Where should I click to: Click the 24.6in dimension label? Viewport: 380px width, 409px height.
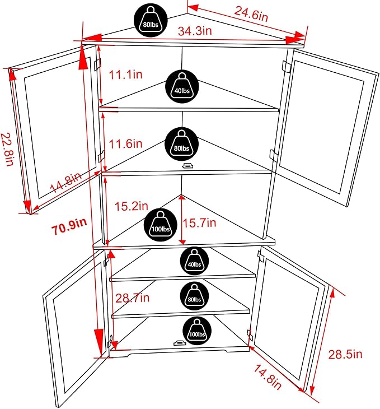click(x=251, y=14)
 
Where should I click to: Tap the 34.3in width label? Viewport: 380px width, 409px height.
click(x=195, y=31)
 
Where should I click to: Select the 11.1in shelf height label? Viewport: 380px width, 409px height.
click(x=125, y=75)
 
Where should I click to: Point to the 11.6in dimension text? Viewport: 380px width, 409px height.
click(x=125, y=144)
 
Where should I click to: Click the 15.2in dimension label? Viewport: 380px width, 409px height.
click(x=132, y=206)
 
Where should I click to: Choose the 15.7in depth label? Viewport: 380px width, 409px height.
click(x=199, y=223)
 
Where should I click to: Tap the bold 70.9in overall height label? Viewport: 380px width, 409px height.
click(x=69, y=226)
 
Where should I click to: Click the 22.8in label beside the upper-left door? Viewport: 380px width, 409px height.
click(x=7, y=150)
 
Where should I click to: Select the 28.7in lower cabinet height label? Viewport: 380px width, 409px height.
click(x=133, y=298)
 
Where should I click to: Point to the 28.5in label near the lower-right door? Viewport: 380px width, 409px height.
click(x=345, y=355)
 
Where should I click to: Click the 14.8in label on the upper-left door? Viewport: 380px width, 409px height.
click(x=65, y=182)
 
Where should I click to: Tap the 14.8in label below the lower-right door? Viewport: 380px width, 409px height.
click(x=268, y=377)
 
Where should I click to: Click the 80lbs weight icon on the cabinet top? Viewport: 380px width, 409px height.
click(x=151, y=20)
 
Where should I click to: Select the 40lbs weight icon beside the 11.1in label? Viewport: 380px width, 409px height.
click(x=182, y=87)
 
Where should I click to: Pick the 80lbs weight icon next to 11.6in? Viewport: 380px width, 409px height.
click(x=182, y=144)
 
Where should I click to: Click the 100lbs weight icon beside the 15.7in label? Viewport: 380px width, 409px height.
click(x=161, y=225)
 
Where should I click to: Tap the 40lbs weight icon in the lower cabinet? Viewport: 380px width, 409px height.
click(x=194, y=261)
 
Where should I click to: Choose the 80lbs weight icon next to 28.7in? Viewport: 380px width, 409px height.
click(x=194, y=296)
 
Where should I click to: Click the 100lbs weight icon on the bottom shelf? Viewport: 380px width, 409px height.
click(x=197, y=331)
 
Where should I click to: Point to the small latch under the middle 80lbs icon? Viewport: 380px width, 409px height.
click(x=187, y=166)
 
